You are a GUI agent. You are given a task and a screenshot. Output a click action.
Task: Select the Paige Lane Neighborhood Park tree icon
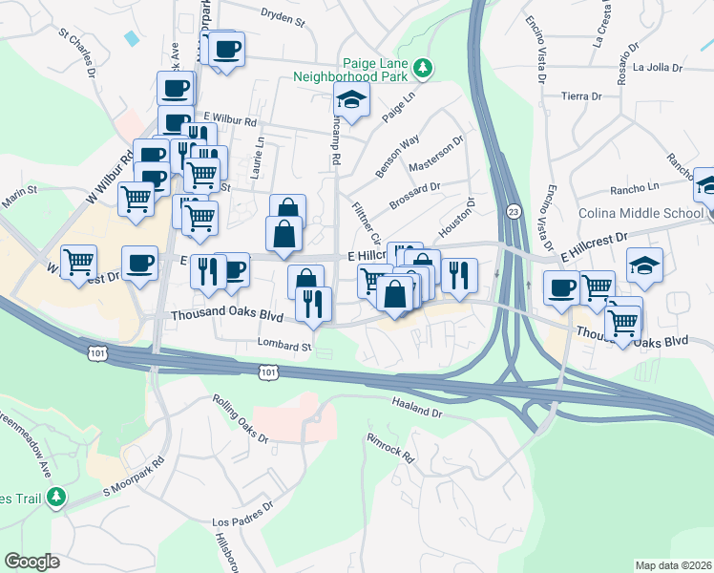pyautogui.click(x=423, y=67)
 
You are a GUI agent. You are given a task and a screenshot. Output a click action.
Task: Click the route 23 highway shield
pyautogui.click(x=514, y=210)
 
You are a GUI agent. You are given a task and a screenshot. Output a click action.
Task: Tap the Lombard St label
pyautogui.click(x=284, y=345)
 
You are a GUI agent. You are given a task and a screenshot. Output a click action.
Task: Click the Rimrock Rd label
pyautogui.click(x=389, y=445)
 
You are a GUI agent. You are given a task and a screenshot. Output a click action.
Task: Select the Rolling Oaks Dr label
pyautogui.click(x=241, y=418)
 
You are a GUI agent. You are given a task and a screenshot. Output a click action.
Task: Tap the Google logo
pyautogui.click(x=31, y=562)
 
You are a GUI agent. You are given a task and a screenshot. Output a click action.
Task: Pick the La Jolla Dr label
pyautogui.click(x=658, y=68)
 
